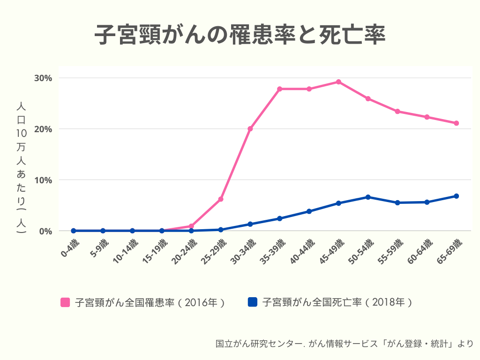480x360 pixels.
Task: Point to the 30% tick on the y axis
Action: pos(43,78)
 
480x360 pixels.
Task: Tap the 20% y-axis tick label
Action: pos(43,129)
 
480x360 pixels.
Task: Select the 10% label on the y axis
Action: pos(43,180)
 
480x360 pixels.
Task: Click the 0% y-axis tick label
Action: pos(45,231)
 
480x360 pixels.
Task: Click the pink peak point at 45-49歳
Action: pos(338,82)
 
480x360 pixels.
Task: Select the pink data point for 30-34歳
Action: pos(250,128)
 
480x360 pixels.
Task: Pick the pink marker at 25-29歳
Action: pos(221,199)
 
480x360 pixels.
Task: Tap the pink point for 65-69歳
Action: pos(456,123)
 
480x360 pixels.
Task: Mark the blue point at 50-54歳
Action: pos(368,197)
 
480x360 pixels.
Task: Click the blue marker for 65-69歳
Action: pos(456,196)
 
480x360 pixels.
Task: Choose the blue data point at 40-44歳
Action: pos(309,211)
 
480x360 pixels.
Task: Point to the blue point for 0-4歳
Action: pos(74,231)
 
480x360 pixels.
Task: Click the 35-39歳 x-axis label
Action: pos(273,252)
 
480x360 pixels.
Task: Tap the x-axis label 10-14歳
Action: pos(126,252)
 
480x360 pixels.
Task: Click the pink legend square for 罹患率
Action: pos(65,302)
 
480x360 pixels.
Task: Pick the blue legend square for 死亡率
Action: pos(253,302)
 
